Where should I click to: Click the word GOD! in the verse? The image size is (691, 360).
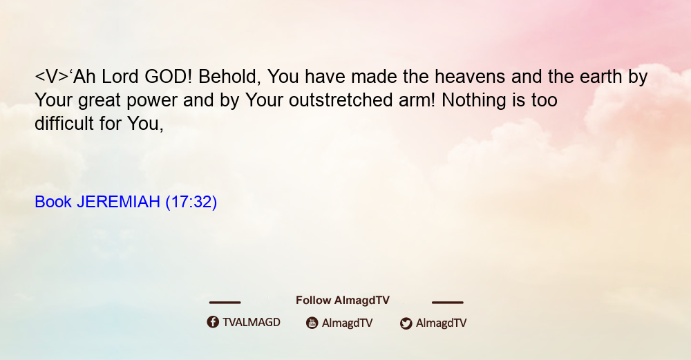169,77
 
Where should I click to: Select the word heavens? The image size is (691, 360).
470,77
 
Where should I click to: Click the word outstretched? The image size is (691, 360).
341,100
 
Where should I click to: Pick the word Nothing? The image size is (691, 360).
474,100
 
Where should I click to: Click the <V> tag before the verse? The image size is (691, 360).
52,77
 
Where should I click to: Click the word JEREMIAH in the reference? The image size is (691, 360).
118,202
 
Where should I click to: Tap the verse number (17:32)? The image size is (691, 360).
191,202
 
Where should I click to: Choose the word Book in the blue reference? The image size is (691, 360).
53,202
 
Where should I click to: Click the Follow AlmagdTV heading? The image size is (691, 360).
343,301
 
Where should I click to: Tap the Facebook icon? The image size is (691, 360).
213,322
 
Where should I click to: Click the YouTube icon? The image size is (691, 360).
312,323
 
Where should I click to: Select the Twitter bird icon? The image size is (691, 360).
406,323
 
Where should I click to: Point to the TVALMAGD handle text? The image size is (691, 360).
252,323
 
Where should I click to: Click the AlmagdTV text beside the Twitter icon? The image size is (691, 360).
441,323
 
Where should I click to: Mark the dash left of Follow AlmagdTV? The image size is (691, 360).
225,302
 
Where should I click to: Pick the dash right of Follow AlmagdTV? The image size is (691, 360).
448,302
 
